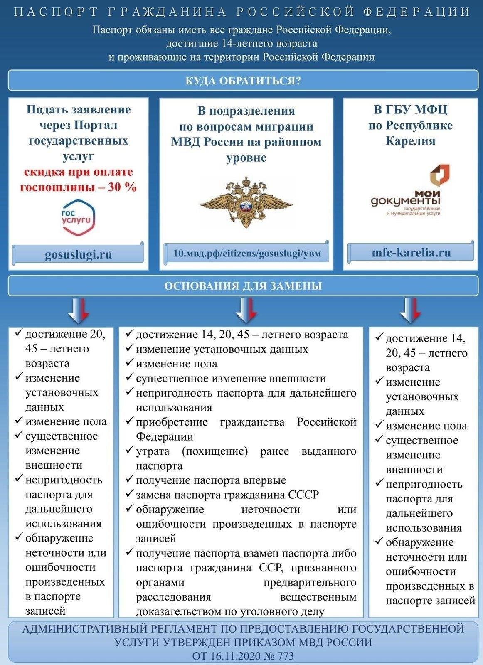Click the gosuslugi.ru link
78,254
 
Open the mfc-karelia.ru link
411,252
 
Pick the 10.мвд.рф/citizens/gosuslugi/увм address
247,253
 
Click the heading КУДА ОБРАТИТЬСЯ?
243,81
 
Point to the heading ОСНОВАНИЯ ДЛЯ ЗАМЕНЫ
243,286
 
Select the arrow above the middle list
246,310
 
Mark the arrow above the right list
410,310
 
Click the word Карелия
410,140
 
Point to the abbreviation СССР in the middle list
303,495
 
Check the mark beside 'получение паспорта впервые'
129,480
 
